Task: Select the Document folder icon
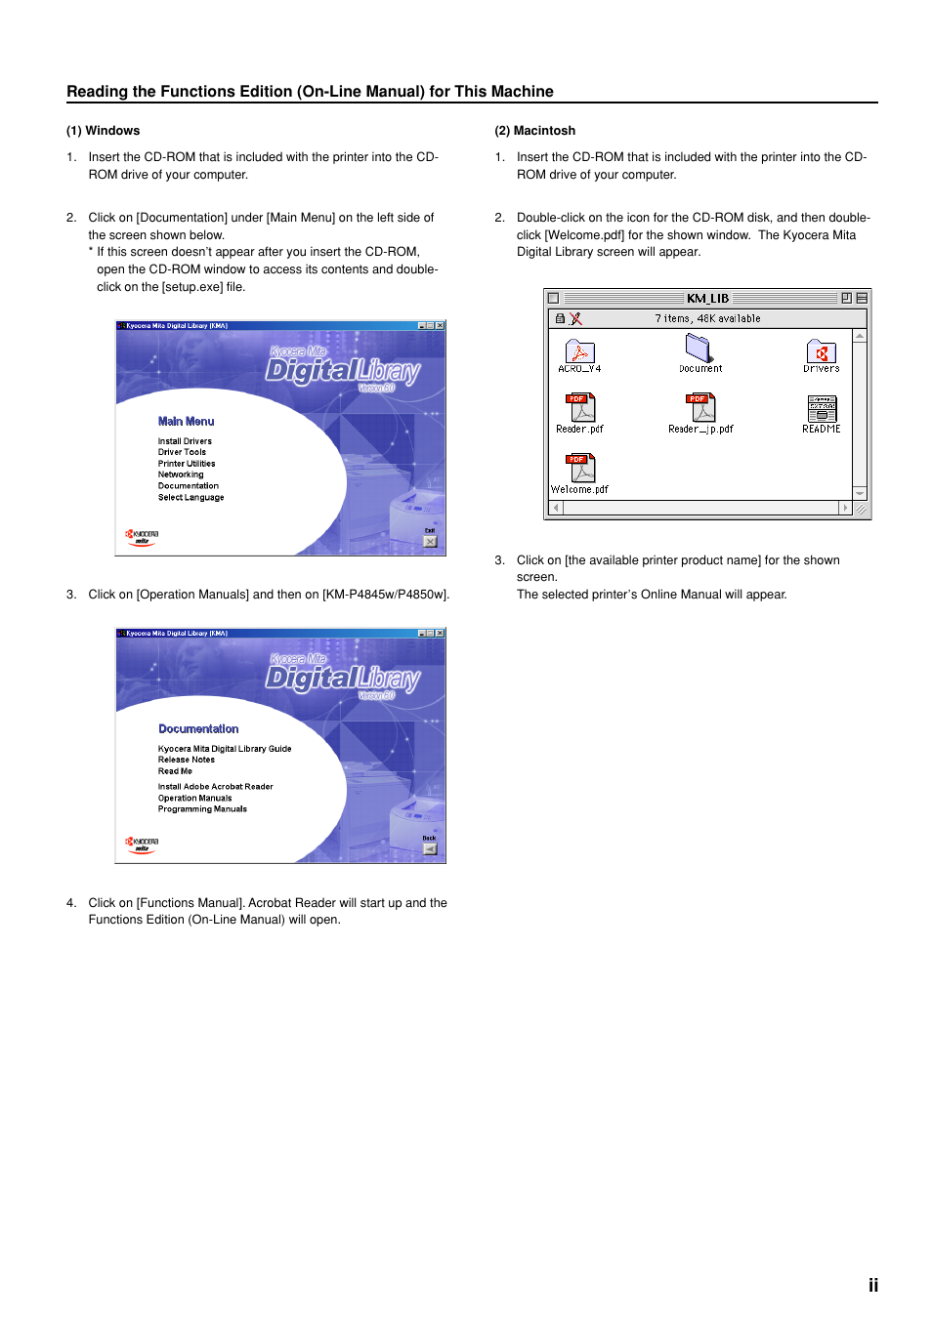coord(699,349)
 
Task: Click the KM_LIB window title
coord(707,299)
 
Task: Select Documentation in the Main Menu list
coord(189,486)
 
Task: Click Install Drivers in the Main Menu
coord(185,441)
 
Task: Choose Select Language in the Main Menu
coord(191,498)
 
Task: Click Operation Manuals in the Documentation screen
coord(195,799)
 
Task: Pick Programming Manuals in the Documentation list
coord(202,809)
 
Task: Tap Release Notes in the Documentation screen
coord(187,760)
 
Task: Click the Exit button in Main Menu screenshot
coord(430,540)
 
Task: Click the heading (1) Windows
coord(103,131)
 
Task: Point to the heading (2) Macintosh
coord(534,131)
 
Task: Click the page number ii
coord(872,1285)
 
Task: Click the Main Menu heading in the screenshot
coord(186,422)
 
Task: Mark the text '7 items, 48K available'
coord(707,319)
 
